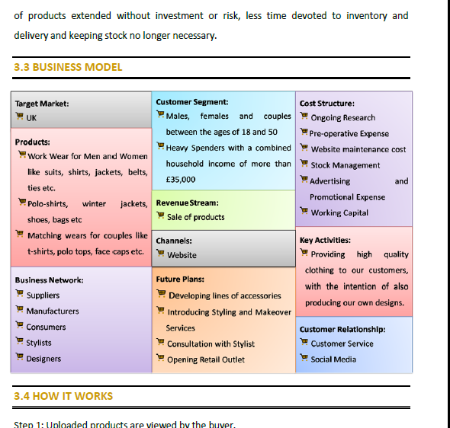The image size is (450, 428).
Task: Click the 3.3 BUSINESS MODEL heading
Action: pos(68,67)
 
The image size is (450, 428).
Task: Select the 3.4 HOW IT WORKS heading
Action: pos(63,396)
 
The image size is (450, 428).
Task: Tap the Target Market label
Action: pos(42,104)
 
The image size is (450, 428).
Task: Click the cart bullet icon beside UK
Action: pos(19,117)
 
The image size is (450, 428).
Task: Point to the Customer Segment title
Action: pos(191,101)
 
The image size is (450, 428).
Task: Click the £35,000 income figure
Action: pos(181,180)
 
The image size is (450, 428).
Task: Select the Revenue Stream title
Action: pos(187,203)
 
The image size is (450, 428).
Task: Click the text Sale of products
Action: pos(196,217)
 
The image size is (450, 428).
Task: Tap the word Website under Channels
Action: pos(182,255)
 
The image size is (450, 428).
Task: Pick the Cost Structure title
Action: pos(326,104)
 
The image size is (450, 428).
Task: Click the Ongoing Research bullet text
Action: pos(342,118)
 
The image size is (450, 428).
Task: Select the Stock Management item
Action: pos(345,165)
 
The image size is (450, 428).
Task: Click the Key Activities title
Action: pos(325,240)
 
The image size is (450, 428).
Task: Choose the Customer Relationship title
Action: pos(342,330)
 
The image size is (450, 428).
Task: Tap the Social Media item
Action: pos(333,359)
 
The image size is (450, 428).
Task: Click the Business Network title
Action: pos(49,279)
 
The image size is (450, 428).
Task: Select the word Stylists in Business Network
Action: pos(39,343)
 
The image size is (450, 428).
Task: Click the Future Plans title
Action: pos(180,279)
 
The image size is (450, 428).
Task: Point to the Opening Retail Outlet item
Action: pos(206,359)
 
